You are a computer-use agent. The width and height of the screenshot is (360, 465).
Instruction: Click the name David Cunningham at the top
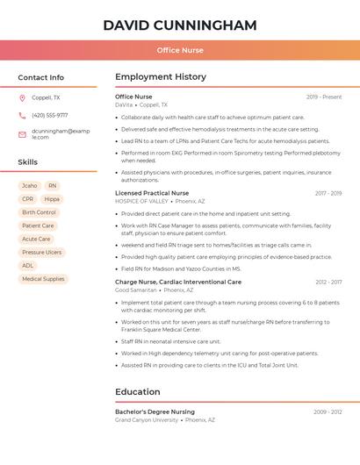[x=180, y=25]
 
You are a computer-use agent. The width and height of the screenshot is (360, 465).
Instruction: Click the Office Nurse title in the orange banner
[x=180, y=50]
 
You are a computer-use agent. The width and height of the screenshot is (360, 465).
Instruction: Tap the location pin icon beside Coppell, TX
[x=22, y=98]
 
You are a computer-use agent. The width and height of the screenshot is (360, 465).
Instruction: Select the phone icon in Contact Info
[x=22, y=116]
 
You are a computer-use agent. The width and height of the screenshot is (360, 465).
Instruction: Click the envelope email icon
[x=22, y=134]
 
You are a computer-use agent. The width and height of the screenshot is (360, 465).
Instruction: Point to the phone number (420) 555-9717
[x=49, y=116]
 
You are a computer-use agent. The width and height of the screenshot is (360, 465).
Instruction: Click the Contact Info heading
[x=40, y=77]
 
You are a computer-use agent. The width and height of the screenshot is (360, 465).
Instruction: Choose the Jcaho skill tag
[x=29, y=186]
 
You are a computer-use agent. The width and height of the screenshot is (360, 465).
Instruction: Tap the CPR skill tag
[x=28, y=199]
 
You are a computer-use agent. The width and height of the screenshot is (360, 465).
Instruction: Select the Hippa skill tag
[x=52, y=199]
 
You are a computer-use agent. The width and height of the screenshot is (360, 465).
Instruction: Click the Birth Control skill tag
[x=39, y=212]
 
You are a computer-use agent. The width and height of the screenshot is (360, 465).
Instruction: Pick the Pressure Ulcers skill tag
[x=41, y=252]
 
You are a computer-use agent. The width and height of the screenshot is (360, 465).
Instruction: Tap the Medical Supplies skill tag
[x=43, y=279]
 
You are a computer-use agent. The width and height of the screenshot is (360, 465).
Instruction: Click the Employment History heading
[x=160, y=77]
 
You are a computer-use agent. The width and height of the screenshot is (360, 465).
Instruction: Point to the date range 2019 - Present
[x=324, y=97]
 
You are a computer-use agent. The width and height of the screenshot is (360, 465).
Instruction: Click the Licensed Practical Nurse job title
[x=152, y=193]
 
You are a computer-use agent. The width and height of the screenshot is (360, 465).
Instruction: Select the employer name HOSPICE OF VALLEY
[x=141, y=201]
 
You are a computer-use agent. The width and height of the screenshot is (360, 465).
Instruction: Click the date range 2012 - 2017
[x=328, y=283]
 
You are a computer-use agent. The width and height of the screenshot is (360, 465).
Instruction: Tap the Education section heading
[x=138, y=392]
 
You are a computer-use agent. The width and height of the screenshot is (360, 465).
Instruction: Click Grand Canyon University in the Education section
[x=147, y=420]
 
